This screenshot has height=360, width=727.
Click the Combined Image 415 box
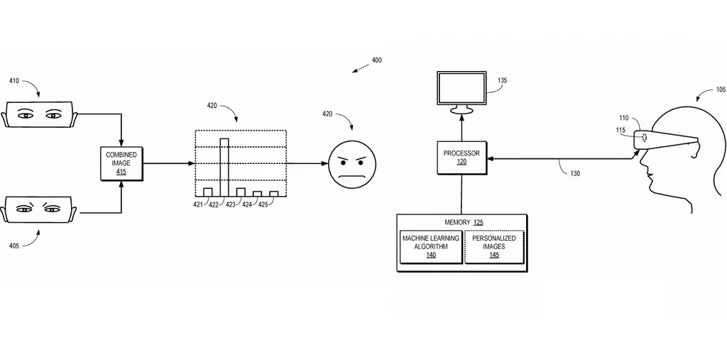pyautogui.click(x=121, y=163)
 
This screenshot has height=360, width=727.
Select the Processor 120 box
pyautogui.click(x=461, y=158)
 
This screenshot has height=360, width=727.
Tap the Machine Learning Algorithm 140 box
pyautogui.click(x=431, y=246)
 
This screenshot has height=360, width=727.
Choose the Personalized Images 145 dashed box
pyautogui.click(x=494, y=246)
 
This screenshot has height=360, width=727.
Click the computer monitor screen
pyautogui.click(x=461, y=88)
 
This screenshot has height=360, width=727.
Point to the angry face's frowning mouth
pyautogui.click(x=352, y=175)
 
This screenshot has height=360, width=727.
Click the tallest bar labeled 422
pyautogui.click(x=224, y=167)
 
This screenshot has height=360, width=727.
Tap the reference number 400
pyautogui.click(x=376, y=60)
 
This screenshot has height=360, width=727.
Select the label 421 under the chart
pyautogui.click(x=197, y=204)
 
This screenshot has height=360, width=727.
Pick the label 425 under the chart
pyautogui.click(x=263, y=204)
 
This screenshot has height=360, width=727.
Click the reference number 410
pyautogui.click(x=14, y=81)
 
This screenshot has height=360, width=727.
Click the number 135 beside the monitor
pyautogui.click(x=503, y=81)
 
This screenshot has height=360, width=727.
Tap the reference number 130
pyautogui.click(x=574, y=173)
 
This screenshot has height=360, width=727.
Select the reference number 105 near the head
pyautogui.click(x=721, y=90)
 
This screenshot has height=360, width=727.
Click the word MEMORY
pyautogui.click(x=457, y=222)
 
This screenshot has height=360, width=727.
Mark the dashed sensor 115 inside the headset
pyautogui.click(x=644, y=137)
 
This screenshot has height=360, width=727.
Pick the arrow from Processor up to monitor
pyautogui.click(x=461, y=128)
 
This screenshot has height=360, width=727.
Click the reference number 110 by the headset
pyautogui.click(x=623, y=119)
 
